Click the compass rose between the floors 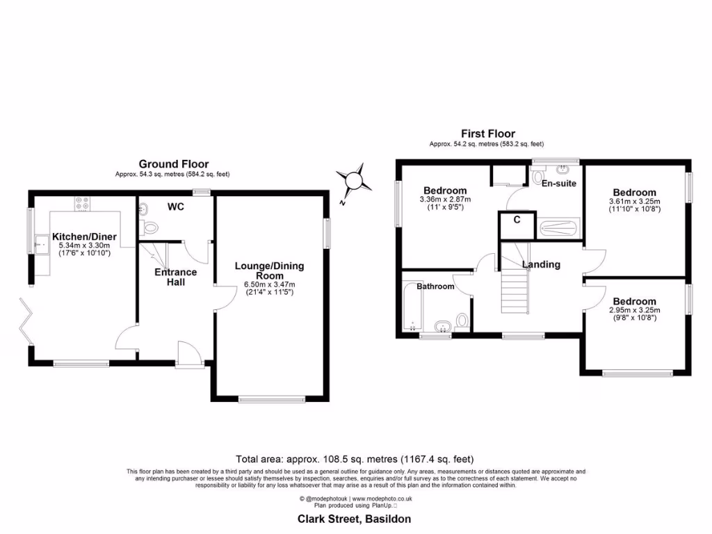(x=355, y=179)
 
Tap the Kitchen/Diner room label (x=88, y=237)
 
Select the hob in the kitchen (x=81, y=203)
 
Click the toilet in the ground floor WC (x=147, y=227)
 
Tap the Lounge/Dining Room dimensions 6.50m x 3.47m (x=269, y=284)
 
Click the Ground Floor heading (x=173, y=164)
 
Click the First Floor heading (x=487, y=133)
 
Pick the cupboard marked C (x=517, y=220)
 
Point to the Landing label (x=541, y=264)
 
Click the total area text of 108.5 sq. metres (x=355, y=459)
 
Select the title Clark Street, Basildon (x=355, y=519)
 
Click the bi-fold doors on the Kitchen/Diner (x=27, y=321)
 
